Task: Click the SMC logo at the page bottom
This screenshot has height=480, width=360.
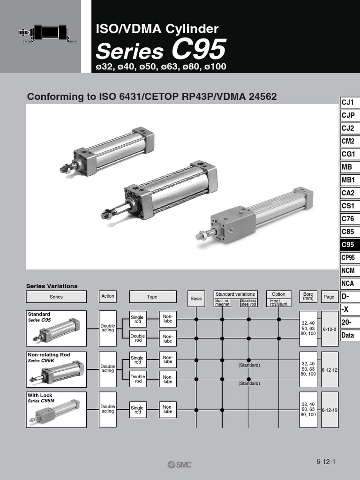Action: pyautogui.click(x=180, y=464)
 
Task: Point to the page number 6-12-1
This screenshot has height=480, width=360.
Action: pyautogui.click(x=326, y=461)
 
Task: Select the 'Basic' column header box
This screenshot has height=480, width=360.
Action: pyautogui.click(x=196, y=299)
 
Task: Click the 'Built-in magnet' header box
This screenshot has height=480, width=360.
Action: pyautogui.click(x=222, y=302)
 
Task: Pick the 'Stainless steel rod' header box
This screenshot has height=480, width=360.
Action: pyautogui.click(x=248, y=302)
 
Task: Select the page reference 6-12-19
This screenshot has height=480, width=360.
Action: pyautogui.click(x=330, y=410)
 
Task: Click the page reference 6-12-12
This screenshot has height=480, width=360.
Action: pyautogui.click(x=330, y=369)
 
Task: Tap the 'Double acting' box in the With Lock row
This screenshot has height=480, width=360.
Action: pyautogui.click(x=108, y=409)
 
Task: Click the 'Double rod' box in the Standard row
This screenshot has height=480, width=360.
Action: pyautogui.click(x=138, y=338)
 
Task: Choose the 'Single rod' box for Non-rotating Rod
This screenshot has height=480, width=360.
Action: pyautogui.click(x=138, y=360)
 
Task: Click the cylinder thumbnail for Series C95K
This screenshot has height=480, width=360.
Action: pyautogui.click(x=56, y=371)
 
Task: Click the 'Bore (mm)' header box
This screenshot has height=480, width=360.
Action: pyautogui.click(x=308, y=296)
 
